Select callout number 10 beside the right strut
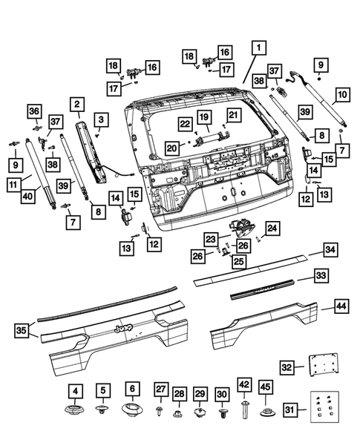[341, 95]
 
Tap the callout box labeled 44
[341, 306]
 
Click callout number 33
[321, 276]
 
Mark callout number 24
[272, 228]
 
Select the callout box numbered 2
[77, 104]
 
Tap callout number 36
[33, 111]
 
